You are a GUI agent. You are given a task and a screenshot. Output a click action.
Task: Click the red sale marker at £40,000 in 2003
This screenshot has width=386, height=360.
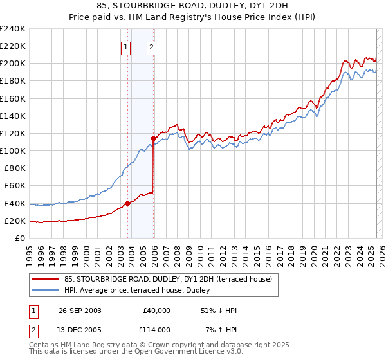coord(127,203)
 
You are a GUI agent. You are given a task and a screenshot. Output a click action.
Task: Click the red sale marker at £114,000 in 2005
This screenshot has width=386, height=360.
coord(153,138)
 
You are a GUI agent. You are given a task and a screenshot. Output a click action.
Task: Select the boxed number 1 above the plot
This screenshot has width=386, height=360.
coord(125,46)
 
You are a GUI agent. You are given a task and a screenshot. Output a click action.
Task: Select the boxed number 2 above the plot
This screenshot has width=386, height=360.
coord(151,46)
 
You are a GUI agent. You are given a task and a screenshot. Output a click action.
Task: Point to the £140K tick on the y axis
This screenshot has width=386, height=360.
coord(12,116)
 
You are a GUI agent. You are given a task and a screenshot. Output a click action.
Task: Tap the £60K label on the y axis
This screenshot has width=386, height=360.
coord(14,186)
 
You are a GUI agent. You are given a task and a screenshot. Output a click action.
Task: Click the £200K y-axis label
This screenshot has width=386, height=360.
coord(12,64)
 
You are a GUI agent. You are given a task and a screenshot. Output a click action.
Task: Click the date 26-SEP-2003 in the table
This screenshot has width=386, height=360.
coord(80,310)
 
